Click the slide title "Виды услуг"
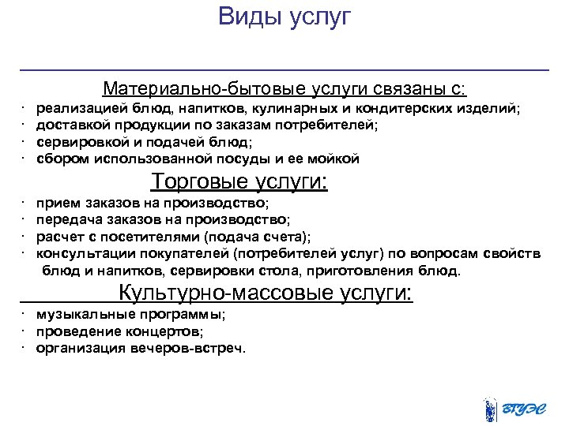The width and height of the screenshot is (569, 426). pos(284,17)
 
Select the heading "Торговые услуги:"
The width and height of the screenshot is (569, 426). pos(239,182)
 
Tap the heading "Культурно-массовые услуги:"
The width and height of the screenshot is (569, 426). pos(266,293)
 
